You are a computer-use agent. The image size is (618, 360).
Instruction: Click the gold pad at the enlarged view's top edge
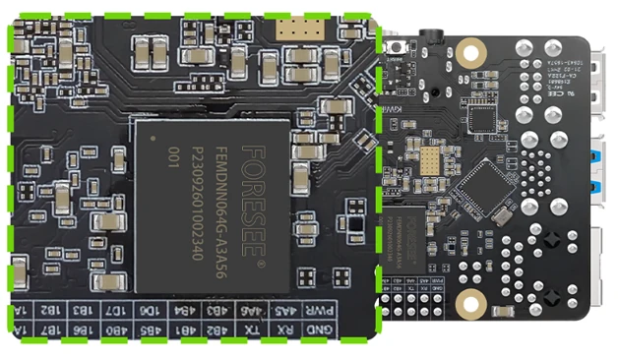pyautogui.click(x=294, y=29)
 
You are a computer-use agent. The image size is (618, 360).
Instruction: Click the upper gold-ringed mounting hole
pyautogui.click(x=471, y=46)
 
